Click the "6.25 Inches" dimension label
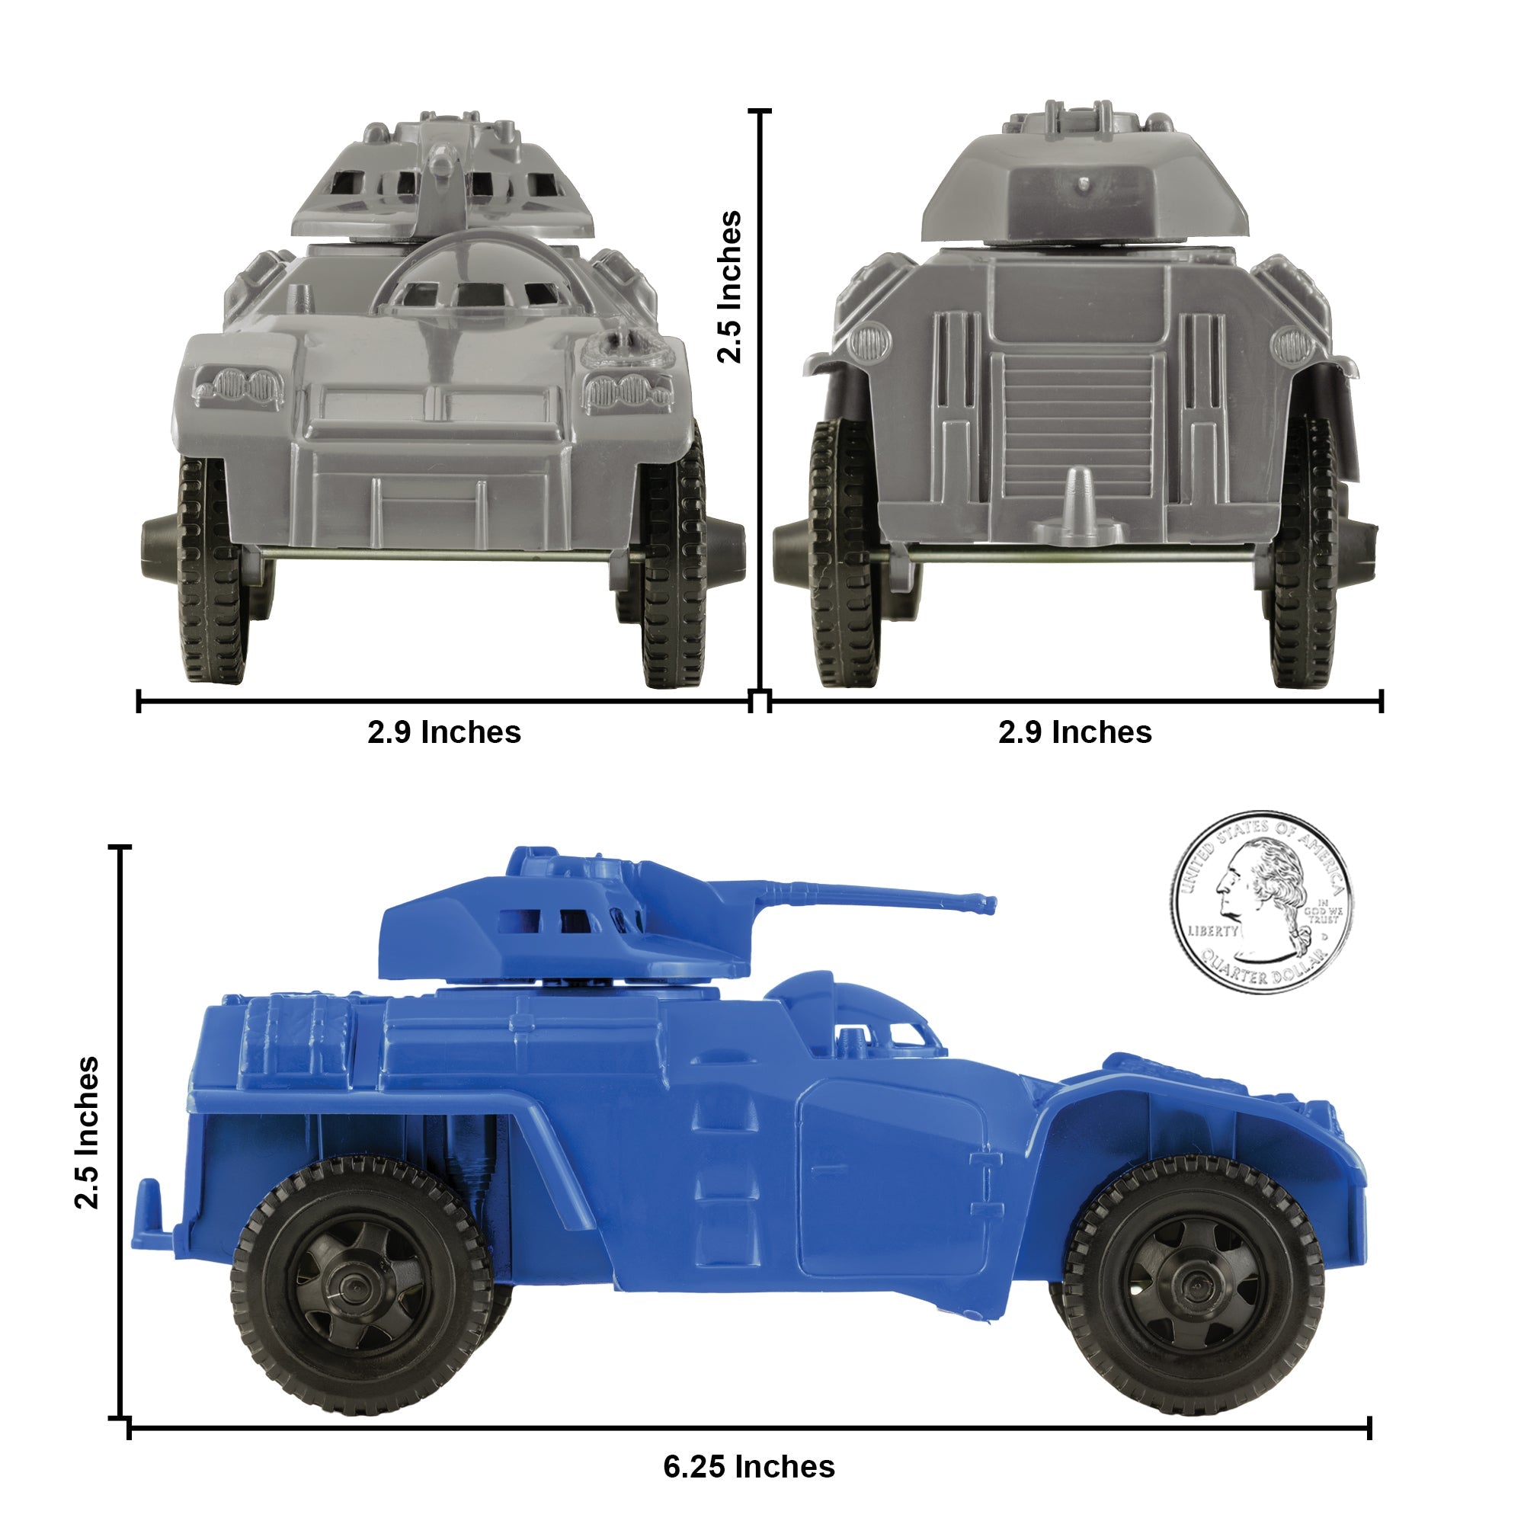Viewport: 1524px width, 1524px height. [748, 1467]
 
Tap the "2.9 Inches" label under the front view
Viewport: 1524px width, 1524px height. [444, 733]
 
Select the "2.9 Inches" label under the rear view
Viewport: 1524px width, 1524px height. [1075, 733]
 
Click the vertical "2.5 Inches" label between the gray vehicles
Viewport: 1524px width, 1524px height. [730, 287]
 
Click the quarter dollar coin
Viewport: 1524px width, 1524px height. [1260, 902]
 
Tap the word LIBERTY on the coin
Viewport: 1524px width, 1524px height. [1213, 931]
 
